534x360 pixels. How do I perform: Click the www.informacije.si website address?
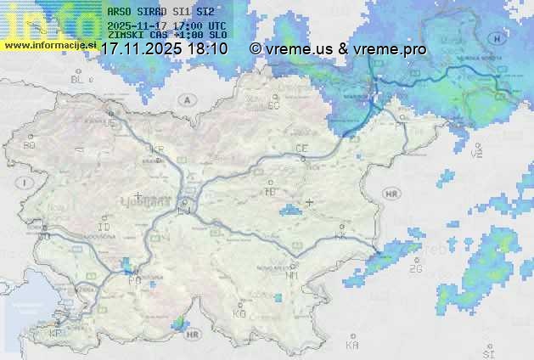click(48, 44)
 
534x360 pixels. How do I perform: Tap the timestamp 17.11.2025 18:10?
click(164, 49)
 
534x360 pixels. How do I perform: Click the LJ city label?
click(184, 209)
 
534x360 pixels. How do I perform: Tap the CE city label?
click(301, 149)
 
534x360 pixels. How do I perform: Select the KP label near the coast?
click(56, 334)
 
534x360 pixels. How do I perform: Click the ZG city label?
click(415, 269)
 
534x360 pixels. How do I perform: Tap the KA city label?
click(352, 346)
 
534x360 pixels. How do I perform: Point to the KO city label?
click(239, 313)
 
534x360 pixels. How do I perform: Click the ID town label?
click(104, 228)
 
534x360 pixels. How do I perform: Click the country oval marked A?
click(186, 99)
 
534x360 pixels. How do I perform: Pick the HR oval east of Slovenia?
click(391, 194)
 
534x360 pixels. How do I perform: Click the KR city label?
click(156, 148)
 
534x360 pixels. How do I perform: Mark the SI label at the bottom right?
click(487, 352)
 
